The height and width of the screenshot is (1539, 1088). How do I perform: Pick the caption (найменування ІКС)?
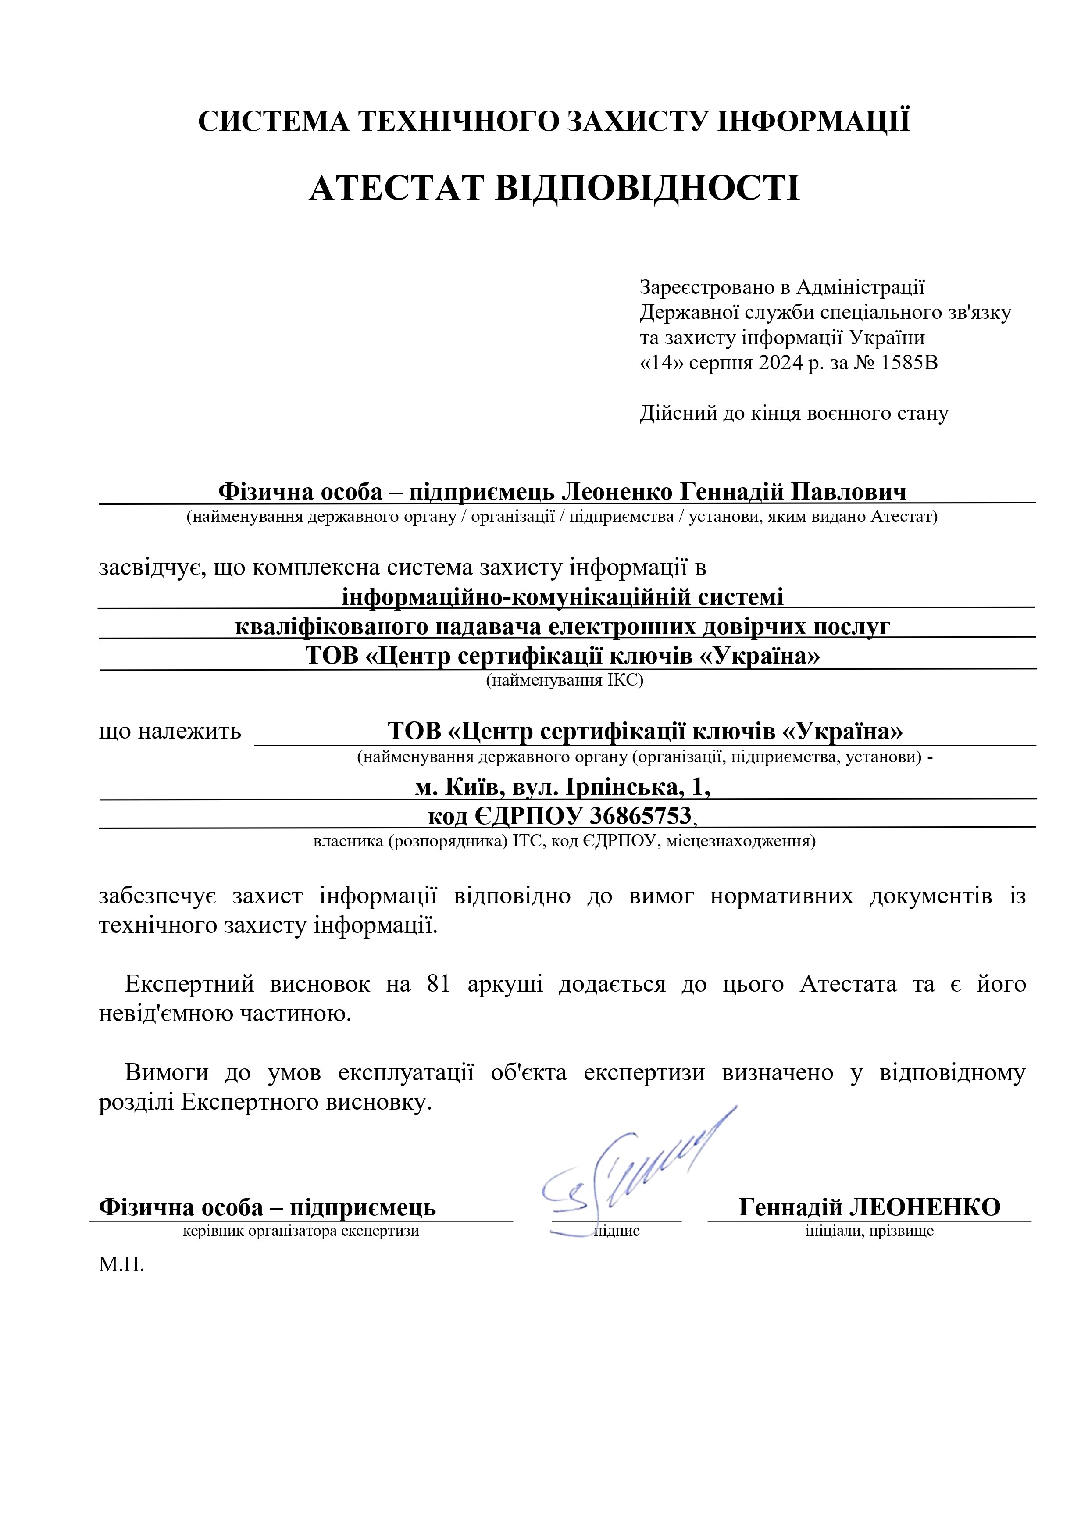[x=564, y=681]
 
